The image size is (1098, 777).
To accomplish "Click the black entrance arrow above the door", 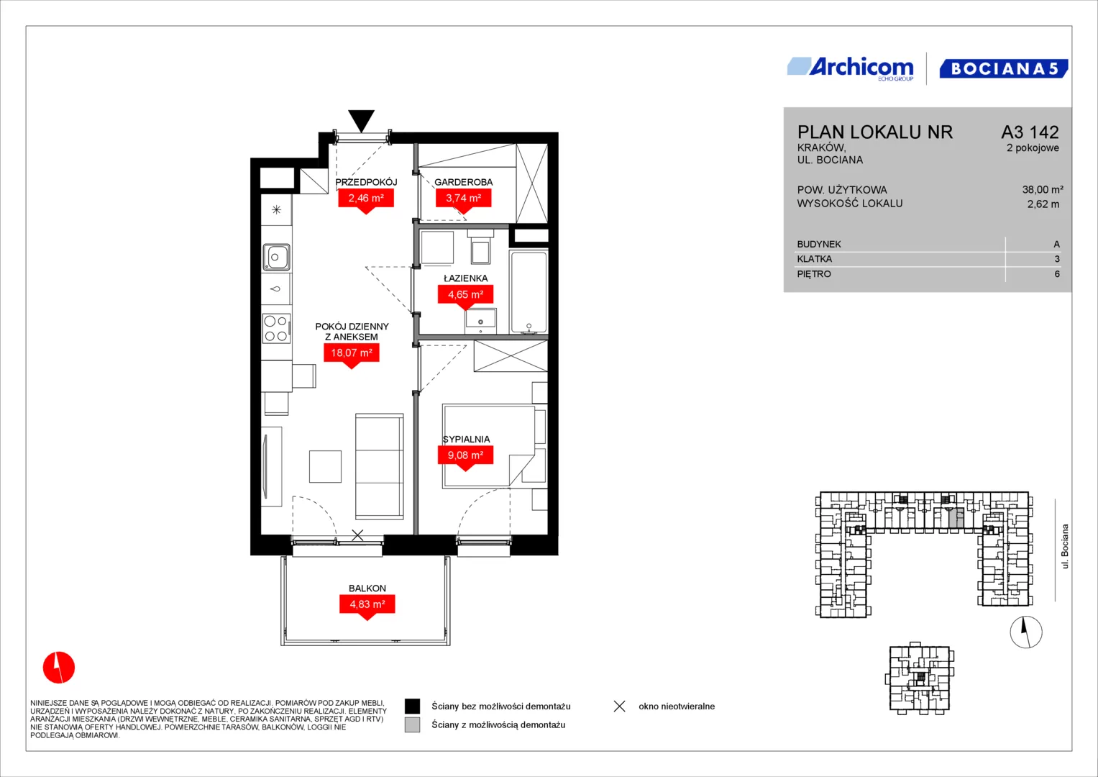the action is [361, 119].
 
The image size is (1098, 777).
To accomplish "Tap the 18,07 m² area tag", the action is [352, 353].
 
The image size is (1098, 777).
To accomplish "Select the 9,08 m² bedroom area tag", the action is [465, 455].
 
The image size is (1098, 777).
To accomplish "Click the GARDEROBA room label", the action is [463, 182].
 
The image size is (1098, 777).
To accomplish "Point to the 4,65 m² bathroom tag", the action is [466, 294].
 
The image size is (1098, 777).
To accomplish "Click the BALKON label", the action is [367, 589].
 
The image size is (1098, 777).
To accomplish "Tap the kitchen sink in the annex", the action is [276, 257].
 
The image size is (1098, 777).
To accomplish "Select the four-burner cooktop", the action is [276, 328].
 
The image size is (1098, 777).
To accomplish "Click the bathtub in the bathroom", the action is [529, 292].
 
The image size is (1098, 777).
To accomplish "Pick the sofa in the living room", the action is [380, 466].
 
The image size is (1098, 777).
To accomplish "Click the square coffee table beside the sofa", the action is [325, 466].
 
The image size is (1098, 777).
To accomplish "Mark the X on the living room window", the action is [358, 535].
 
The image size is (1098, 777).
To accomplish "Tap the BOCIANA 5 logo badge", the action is [1003, 68].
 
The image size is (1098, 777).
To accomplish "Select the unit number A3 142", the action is [1030, 132].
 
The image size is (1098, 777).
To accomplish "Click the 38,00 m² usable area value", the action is [1043, 189].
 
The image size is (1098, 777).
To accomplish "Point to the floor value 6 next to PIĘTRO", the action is [1057, 274].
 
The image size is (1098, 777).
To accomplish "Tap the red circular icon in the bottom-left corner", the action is [59, 667].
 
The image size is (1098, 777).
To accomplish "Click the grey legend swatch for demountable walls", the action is [412, 725].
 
